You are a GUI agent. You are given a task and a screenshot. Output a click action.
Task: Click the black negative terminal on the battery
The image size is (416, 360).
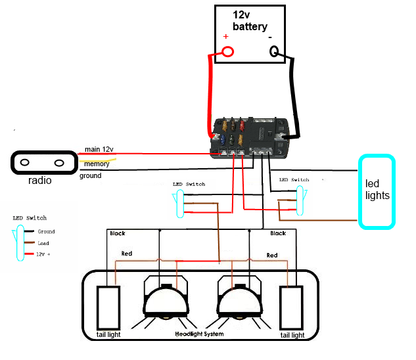click(x=275, y=52)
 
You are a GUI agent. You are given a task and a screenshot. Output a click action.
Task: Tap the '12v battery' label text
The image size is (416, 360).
click(x=250, y=20)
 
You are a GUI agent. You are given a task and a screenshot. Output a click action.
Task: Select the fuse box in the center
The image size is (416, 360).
click(x=250, y=138)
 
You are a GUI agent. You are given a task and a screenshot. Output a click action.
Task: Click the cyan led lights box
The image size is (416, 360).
click(x=377, y=191)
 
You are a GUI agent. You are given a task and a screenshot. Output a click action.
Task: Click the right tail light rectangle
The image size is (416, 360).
click(x=291, y=308)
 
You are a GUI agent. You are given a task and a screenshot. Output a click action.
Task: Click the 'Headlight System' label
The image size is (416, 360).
click(x=199, y=334)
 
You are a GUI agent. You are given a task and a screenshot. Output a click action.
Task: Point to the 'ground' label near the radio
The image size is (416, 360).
click(x=91, y=175)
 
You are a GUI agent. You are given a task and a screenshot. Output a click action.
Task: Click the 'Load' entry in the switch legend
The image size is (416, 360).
click(x=45, y=242)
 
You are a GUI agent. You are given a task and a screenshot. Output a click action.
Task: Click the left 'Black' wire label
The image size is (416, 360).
click(x=118, y=233)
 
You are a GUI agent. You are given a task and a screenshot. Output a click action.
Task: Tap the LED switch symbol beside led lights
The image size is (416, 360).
click(x=301, y=200)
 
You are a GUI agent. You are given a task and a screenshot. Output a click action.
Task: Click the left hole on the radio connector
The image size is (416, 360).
click(x=24, y=162)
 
